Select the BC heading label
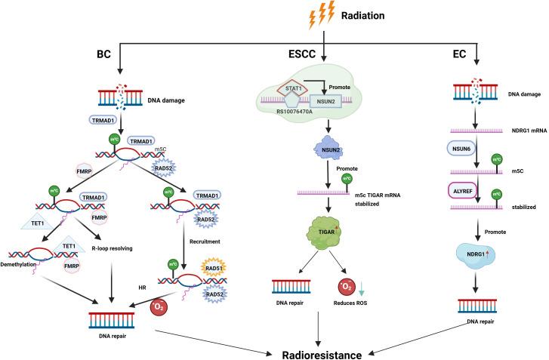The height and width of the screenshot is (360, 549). [106, 54]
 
